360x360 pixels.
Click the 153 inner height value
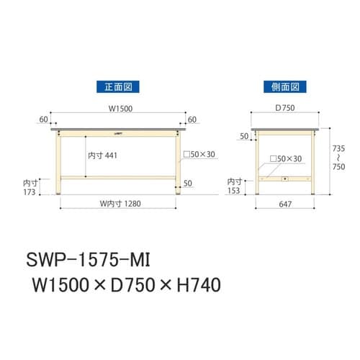coord(235,191)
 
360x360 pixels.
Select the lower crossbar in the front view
coord(119,177)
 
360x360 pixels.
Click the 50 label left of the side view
coord(243,135)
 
